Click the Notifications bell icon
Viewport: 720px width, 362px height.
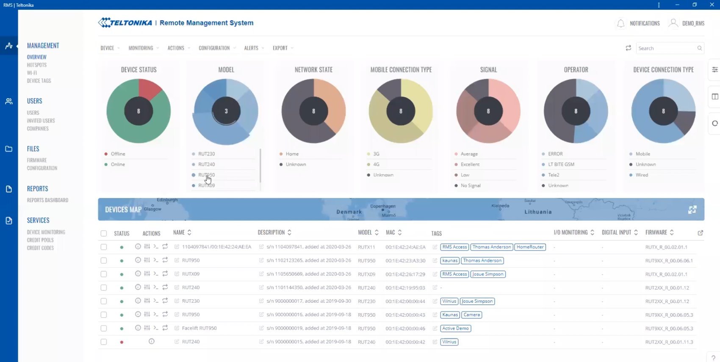pyautogui.click(x=620, y=24)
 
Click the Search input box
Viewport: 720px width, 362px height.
pyautogui.click(x=666, y=48)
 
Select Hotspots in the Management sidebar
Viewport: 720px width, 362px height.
pyautogui.click(x=37, y=65)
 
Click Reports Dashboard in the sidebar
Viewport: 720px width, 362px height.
pyautogui.click(x=47, y=200)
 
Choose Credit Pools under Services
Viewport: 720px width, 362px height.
pyautogui.click(x=40, y=240)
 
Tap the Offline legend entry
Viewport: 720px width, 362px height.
pyautogui.click(x=118, y=154)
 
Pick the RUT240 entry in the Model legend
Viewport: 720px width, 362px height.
pyautogui.click(x=206, y=164)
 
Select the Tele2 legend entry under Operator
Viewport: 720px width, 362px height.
pyautogui.click(x=554, y=175)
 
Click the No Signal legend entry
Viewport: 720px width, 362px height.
pyautogui.click(x=471, y=186)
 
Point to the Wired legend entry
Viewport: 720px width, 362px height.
pyautogui.click(x=642, y=175)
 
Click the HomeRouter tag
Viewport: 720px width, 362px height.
pyautogui.click(x=530, y=247)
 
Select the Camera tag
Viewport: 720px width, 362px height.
pyautogui.click(x=471, y=315)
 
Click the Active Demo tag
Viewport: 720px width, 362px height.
pyautogui.click(x=455, y=329)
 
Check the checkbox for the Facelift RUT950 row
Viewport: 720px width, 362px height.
pyautogui.click(x=104, y=329)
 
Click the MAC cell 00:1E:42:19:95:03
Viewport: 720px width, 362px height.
pyautogui.click(x=405, y=288)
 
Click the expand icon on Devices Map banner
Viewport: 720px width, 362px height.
pyautogui.click(x=692, y=210)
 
